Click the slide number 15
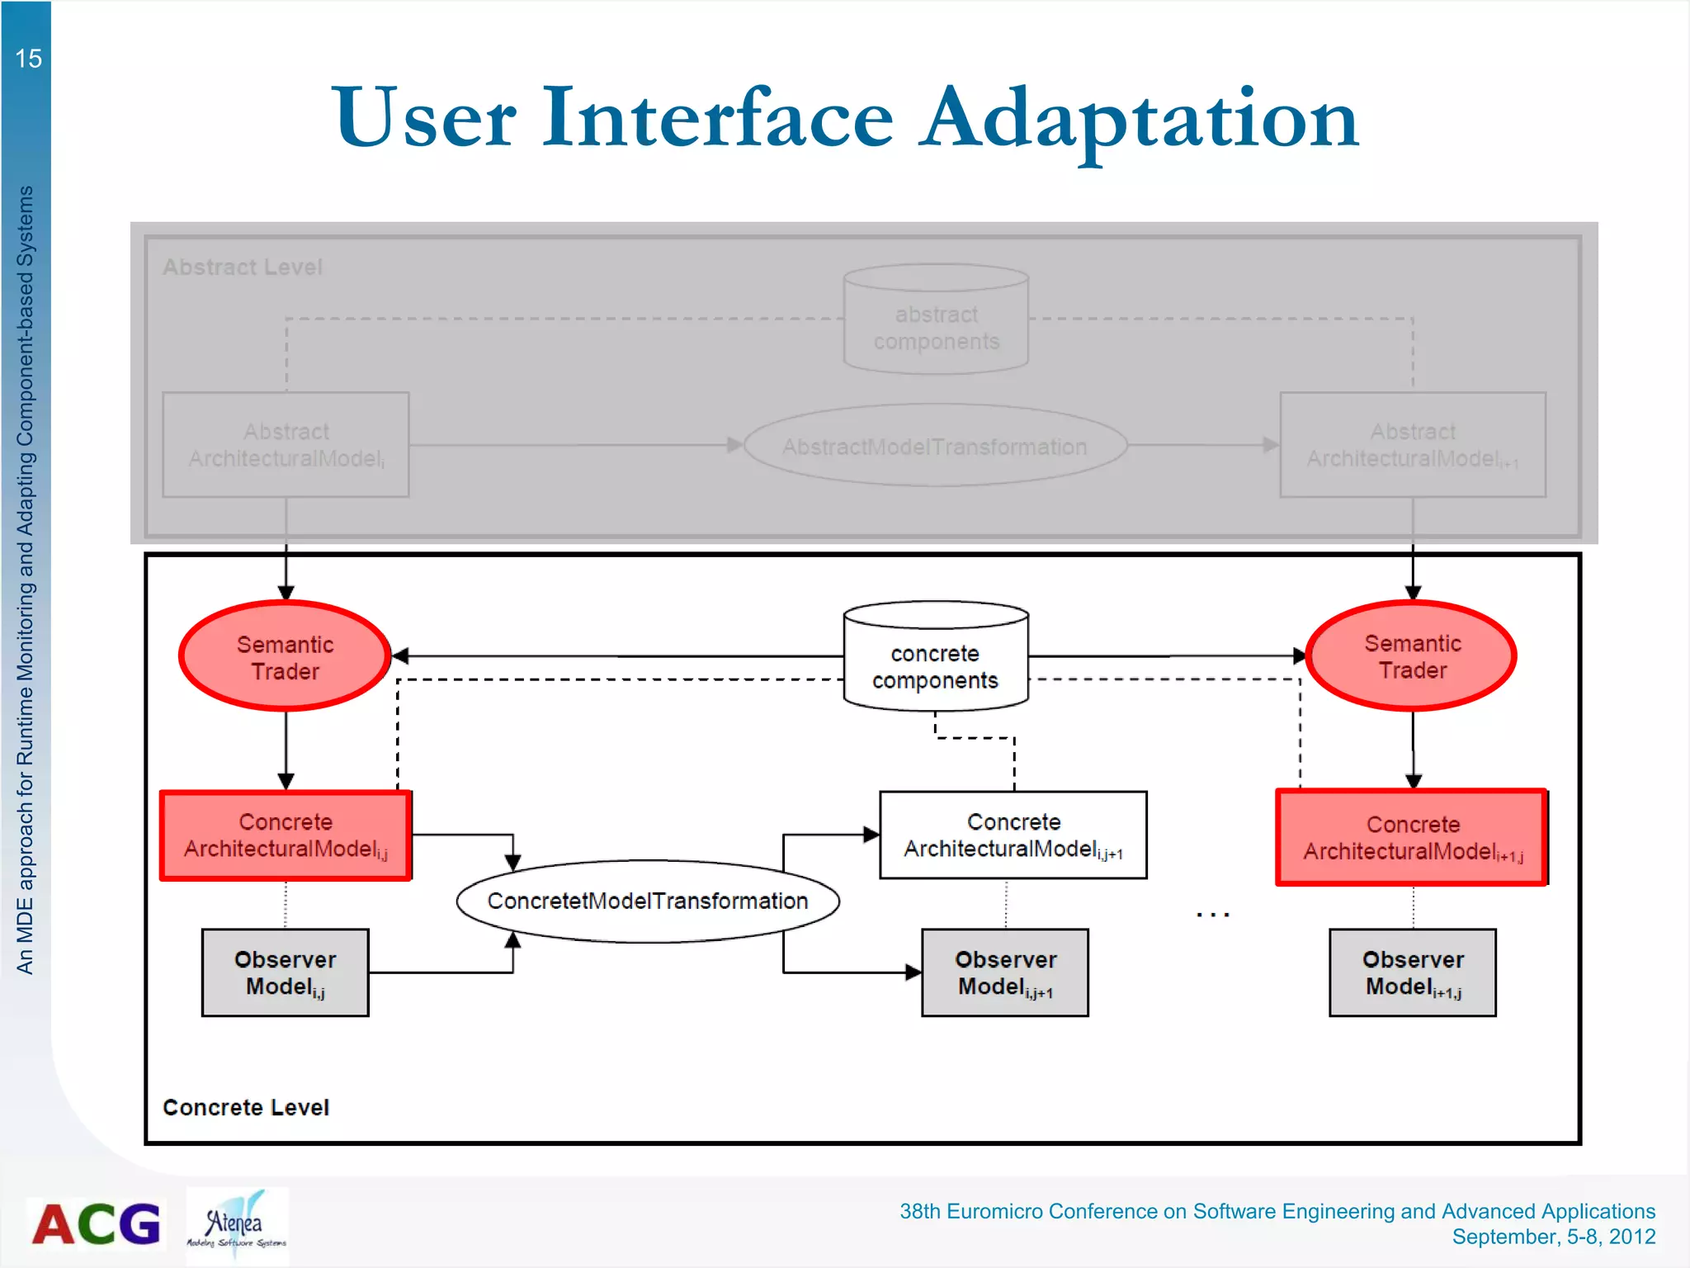point(28,59)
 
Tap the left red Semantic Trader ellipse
point(285,656)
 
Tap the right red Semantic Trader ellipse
point(1412,655)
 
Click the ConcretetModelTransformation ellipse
point(648,901)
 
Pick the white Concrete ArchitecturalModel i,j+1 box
point(1013,835)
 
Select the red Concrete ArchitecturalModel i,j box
point(286,835)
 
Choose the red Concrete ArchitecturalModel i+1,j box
point(1412,837)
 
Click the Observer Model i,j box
point(286,972)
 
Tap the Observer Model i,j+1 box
point(1005,972)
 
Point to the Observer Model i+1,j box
point(1412,972)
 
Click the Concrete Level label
point(246,1107)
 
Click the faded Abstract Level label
point(242,267)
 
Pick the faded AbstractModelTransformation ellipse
point(935,446)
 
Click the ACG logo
point(97,1223)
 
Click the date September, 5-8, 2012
point(1553,1237)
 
